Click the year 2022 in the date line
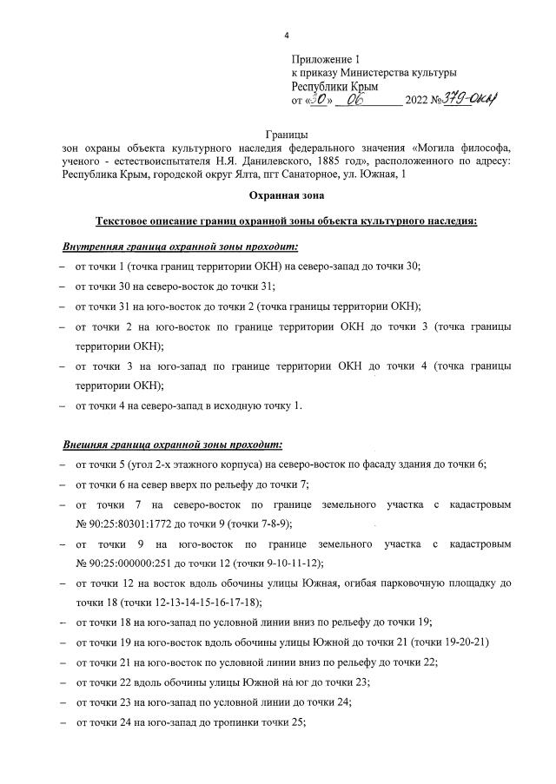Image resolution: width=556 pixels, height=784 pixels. click(418, 102)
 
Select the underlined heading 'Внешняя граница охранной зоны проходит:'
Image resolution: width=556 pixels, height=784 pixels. click(172, 445)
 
